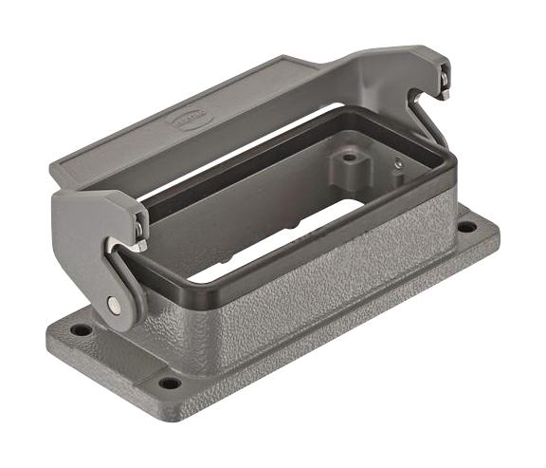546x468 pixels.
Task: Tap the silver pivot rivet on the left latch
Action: pos(115,304)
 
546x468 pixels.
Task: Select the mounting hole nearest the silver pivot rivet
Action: pos(82,329)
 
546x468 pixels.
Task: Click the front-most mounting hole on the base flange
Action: pos(170,384)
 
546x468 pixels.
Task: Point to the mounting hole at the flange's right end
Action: pos(466,227)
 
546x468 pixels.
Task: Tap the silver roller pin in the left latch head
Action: pos(139,229)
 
